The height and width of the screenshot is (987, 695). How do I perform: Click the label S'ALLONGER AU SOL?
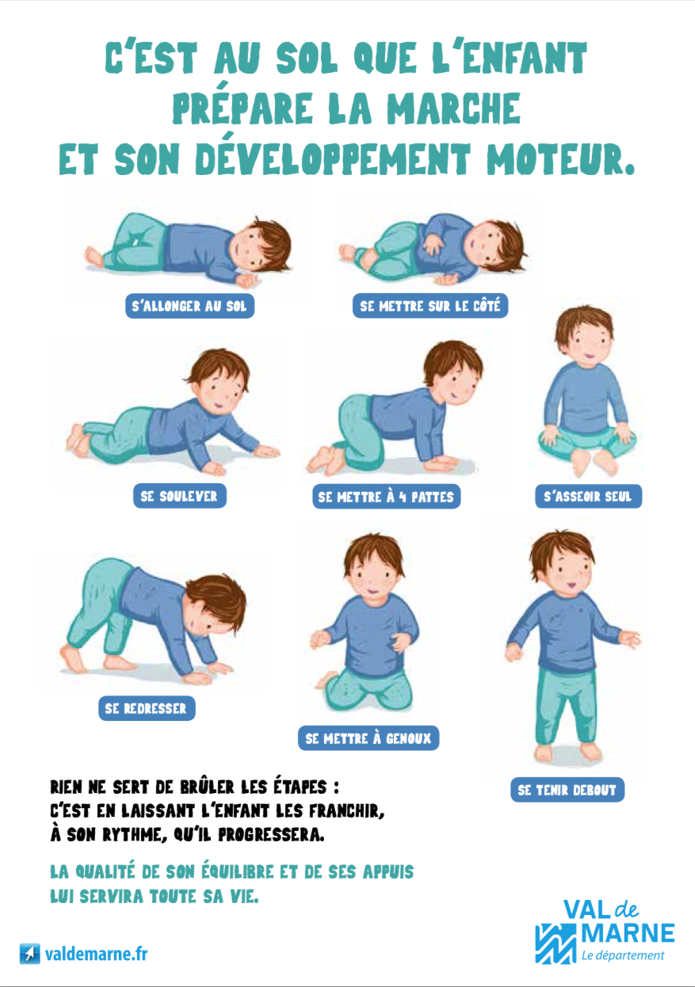190,306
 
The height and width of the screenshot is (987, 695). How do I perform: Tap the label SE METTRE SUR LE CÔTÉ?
430,306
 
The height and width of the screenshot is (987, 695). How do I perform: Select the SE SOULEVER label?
180,496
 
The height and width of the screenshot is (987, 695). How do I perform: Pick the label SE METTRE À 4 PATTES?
387,497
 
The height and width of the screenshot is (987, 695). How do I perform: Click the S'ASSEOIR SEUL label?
588,497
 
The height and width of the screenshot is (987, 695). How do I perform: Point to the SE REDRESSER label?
147,708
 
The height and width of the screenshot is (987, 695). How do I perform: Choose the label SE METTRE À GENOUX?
369,738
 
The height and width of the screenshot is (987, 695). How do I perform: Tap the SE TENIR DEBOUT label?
567,790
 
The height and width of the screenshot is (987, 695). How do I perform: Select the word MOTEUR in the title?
560,158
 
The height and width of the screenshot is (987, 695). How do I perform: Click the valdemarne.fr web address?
97,955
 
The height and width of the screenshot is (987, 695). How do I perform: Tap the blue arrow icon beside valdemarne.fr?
29,954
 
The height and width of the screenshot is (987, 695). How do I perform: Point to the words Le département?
623,955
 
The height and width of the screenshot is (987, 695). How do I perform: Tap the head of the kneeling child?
374,566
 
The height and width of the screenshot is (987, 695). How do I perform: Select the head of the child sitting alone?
584,335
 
